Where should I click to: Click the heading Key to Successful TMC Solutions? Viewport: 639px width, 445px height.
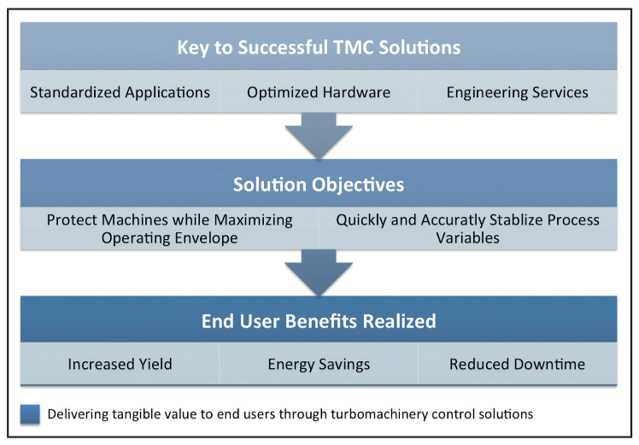[x=319, y=47]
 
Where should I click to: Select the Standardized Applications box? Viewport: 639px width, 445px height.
[x=120, y=92]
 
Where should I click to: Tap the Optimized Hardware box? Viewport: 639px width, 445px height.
[x=319, y=92]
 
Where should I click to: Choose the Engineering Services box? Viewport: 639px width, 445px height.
[x=517, y=92]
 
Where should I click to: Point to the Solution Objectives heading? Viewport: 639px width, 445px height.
[x=319, y=184]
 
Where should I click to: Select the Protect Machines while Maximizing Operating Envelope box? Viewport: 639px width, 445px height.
[x=169, y=229]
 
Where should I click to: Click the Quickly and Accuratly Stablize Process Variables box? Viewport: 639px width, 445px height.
[x=467, y=229]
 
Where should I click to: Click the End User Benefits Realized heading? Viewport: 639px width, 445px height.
[x=319, y=321]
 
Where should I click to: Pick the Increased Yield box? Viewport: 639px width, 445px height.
[x=120, y=365]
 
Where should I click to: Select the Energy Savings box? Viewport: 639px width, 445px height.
[x=319, y=365]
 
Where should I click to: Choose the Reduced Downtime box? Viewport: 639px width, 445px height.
[x=517, y=365]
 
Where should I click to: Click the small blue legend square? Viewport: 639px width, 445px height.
[x=30, y=414]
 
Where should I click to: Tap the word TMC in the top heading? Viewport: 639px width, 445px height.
[x=364, y=47]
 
